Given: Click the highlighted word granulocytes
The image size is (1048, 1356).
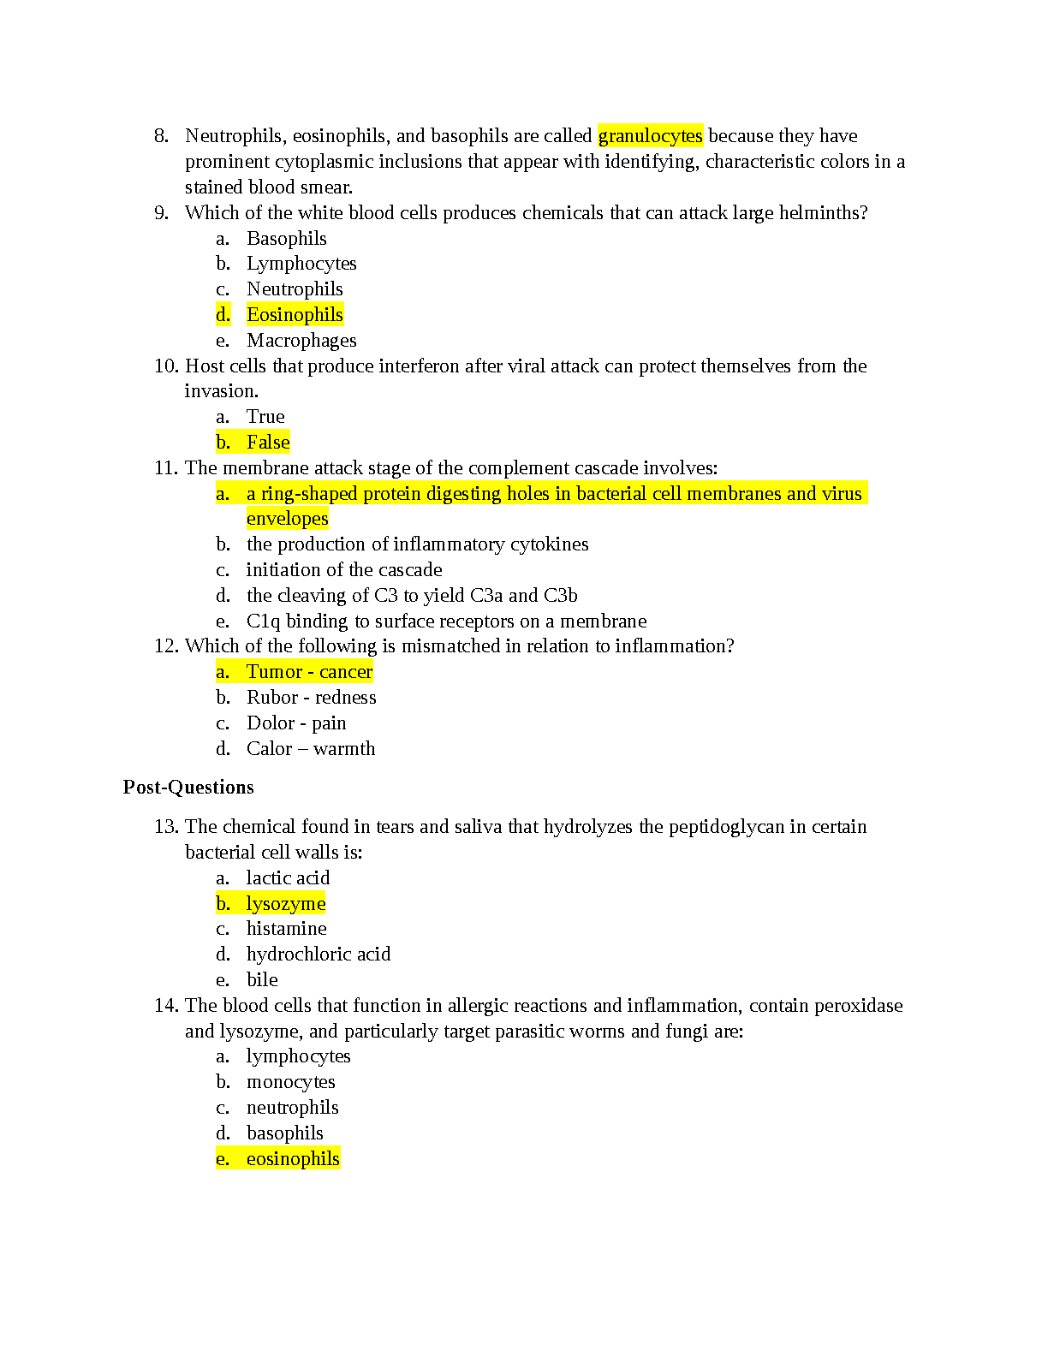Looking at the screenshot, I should (x=650, y=136).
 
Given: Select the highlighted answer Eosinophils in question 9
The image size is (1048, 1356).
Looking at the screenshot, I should (x=295, y=315).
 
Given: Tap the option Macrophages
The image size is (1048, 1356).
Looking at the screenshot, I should (x=301, y=341).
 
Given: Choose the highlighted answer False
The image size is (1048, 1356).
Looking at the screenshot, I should (x=268, y=443).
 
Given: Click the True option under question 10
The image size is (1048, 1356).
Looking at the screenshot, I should (x=265, y=417).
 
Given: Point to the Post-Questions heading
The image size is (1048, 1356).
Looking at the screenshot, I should (x=188, y=788).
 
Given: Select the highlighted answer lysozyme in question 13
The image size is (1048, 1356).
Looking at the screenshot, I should (x=286, y=904).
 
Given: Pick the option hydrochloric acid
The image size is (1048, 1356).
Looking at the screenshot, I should (x=319, y=955).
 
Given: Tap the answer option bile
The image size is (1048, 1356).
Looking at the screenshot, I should (x=262, y=980).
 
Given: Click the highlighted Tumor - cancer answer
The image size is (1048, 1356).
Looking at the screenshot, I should (x=309, y=672).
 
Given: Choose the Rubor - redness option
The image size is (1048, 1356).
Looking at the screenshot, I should (x=312, y=698).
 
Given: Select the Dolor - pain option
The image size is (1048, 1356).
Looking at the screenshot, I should (x=296, y=723).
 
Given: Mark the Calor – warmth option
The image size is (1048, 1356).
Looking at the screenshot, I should (x=311, y=749).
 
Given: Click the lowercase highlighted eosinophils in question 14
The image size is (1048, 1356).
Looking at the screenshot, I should (x=293, y=1159).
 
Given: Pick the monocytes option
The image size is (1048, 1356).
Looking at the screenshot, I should (x=291, y=1082).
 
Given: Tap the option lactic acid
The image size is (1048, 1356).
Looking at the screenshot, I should (x=288, y=878).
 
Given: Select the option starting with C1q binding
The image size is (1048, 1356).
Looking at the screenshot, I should (x=446, y=621).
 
